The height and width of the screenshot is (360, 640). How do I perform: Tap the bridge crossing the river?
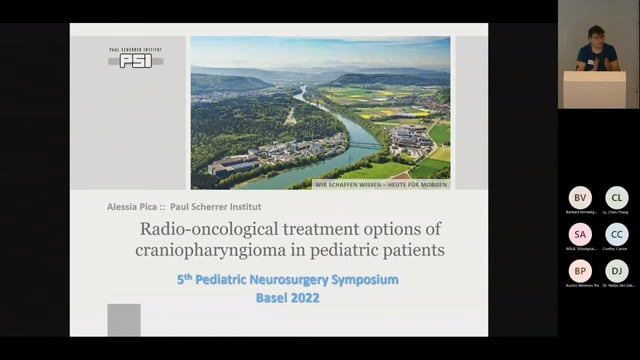click(365, 145)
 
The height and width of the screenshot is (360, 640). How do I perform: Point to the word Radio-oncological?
click(200, 230)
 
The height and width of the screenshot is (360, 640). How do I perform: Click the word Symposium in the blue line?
click(360, 279)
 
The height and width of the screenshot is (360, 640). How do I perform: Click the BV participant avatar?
click(580, 198)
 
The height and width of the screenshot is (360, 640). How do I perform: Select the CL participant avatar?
click(617, 198)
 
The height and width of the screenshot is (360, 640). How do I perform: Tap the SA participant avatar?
click(580, 234)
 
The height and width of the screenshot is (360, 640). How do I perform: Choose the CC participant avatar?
click(617, 234)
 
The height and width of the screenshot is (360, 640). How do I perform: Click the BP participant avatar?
click(580, 271)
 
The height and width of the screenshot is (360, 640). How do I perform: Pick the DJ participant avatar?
click(617, 271)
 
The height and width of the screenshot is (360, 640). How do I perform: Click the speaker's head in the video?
click(597, 35)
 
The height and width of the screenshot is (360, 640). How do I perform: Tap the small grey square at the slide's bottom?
click(124, 319)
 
